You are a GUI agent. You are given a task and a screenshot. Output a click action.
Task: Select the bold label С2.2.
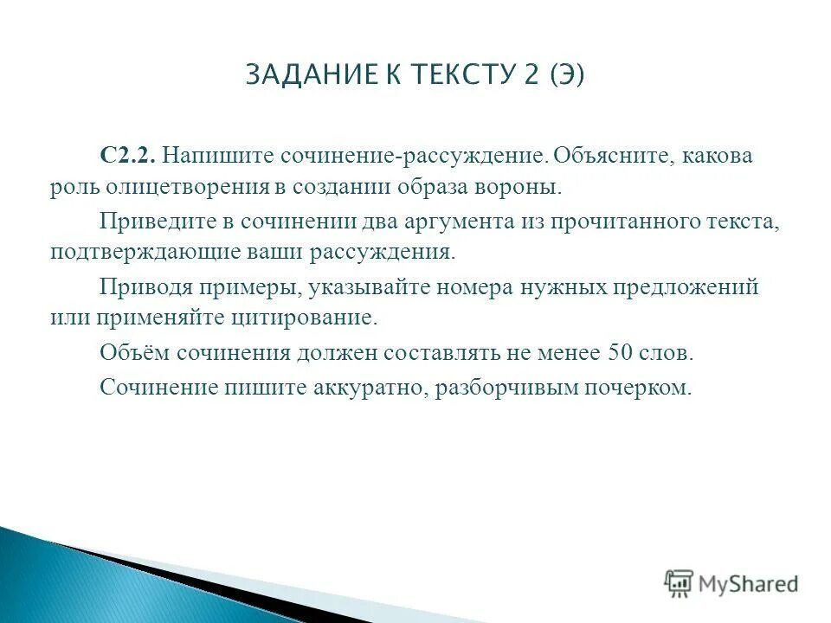[x=127, y=156]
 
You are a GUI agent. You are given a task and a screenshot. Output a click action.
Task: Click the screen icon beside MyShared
[x=679, y=582]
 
